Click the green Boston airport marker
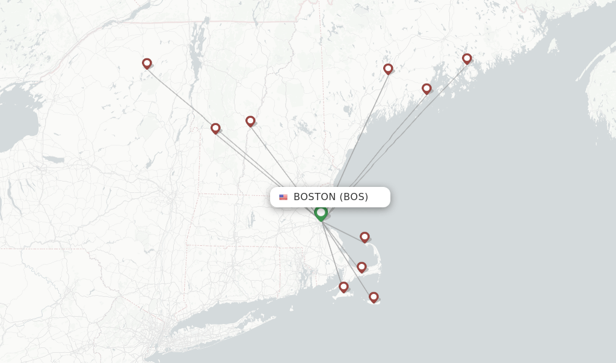click(x=321, y=212)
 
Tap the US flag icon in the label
click(x=283, y=197)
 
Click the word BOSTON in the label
click(x=314, y=197)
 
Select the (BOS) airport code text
click(x=354, y=197)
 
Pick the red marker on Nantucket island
click(x=374, y=297)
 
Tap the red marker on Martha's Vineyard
click(x=343, y=287)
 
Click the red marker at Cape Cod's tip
click(x=365, y=237)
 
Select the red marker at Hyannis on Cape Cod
click(x=362, y=267)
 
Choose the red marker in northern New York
click(x=147, y=63)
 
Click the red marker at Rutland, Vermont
click(x=215, y=128)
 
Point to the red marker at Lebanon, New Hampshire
click(x=250, y=121)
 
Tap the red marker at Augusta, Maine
click(x=388, y=69)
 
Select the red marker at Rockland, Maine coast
click(x=427, y=88)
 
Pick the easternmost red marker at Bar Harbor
click(x=467, y=58)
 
